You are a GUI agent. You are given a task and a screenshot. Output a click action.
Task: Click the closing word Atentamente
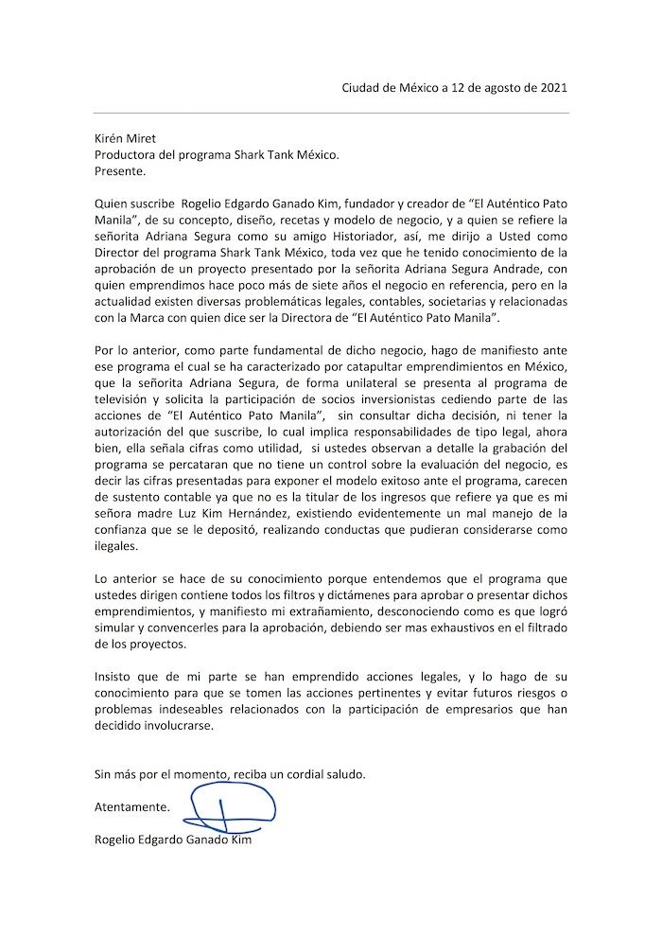click(x=132, y=808)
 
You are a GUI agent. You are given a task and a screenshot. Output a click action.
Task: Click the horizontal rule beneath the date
click(x=331, y=114)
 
